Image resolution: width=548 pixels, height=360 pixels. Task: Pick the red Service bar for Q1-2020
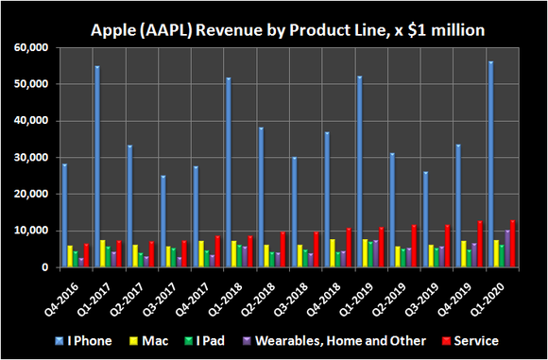click(x=513, y=244)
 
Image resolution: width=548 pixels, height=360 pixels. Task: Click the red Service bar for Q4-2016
click(x=86, y=256)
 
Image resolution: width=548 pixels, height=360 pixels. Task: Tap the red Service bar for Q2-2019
click(x=413, y=247)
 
